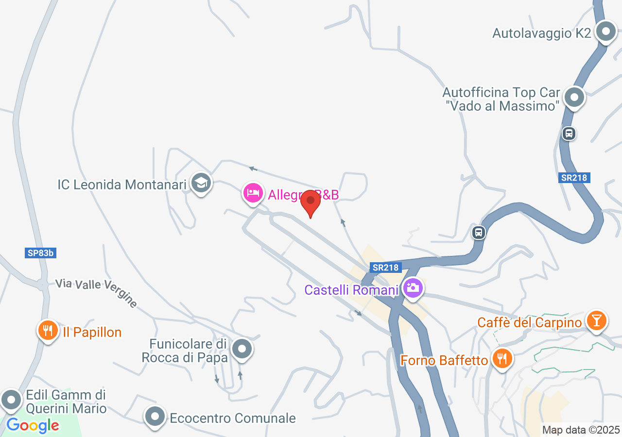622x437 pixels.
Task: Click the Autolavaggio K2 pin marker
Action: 605,32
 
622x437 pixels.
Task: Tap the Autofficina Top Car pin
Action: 575,97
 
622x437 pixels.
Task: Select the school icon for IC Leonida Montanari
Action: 201,184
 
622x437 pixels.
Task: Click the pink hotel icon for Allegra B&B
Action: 253,193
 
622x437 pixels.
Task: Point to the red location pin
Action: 311,202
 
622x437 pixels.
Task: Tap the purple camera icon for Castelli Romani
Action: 413,288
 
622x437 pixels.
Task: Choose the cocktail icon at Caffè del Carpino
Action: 596,320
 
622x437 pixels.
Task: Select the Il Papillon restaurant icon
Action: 48,331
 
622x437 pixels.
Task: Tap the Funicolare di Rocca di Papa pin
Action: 242,349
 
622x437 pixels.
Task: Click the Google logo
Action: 33,426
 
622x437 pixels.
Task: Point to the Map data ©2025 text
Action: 581,430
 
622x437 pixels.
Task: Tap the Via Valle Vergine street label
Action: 96,292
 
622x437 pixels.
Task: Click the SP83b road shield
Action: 40,253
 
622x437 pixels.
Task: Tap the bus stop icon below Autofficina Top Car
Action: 569,133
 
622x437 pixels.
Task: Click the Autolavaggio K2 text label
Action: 541,33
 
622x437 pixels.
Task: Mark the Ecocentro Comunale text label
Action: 232,418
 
